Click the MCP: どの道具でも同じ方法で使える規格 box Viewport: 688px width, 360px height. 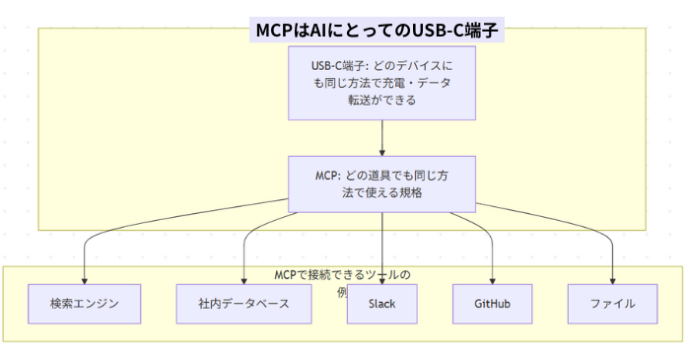[381, 182]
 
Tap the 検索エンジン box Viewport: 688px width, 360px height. [85, 303]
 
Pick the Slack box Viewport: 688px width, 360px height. [381, 303]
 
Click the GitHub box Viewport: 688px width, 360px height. [492, 303]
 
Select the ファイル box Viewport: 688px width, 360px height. [612, 303]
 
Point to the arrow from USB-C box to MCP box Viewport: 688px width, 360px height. [381, 136]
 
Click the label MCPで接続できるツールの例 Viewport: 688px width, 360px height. [342, 275]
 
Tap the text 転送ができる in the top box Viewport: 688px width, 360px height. [381, 100]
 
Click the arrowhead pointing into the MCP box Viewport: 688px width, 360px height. [381, 151]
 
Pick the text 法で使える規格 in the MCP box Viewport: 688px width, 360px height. [381, 192]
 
